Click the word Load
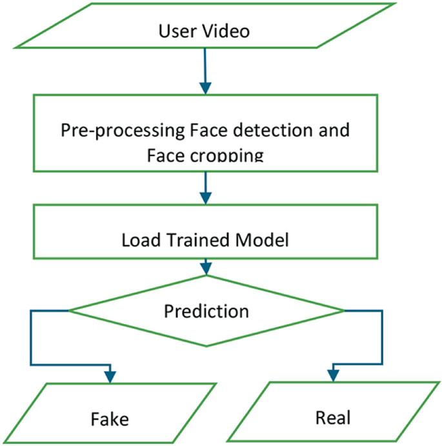(x=138, y=240)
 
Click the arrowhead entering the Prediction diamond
(x=205, y=269)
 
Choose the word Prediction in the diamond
(x=206, y=311)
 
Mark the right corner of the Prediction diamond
(x=344, y=311)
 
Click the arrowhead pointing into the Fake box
(x=110, y=375)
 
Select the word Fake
(x=110, y=420)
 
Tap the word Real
(x=333, y=418)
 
